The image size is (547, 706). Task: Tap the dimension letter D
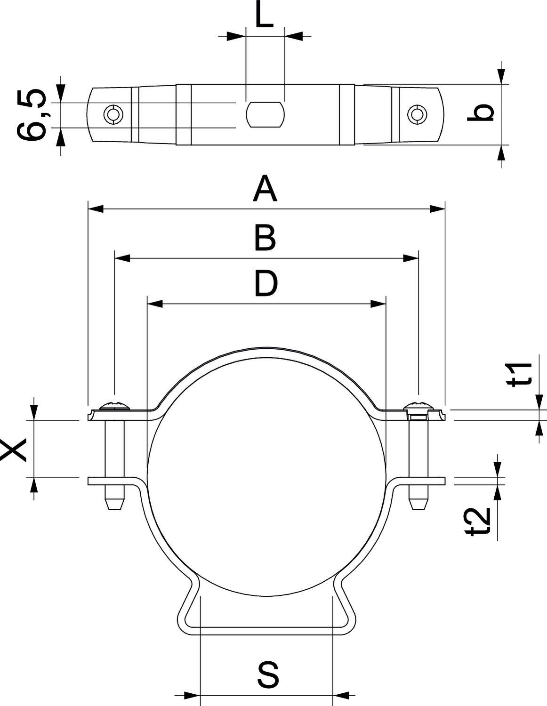click(x=266, y=284)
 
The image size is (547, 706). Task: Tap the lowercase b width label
click(x=481, y=113)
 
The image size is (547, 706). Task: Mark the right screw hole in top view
click(x=417, y=114)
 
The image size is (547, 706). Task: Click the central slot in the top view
click(x=265, y=114)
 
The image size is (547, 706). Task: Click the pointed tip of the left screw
click(x=113, y=505)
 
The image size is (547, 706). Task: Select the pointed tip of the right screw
click(x=418, y=505)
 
